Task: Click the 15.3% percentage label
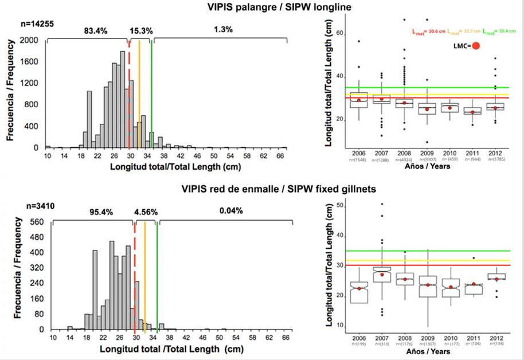(x=141, y=30)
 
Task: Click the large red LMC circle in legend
(x=475, y=46)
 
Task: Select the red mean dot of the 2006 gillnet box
(x=359, y=288)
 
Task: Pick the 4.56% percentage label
(x=143, y=211)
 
